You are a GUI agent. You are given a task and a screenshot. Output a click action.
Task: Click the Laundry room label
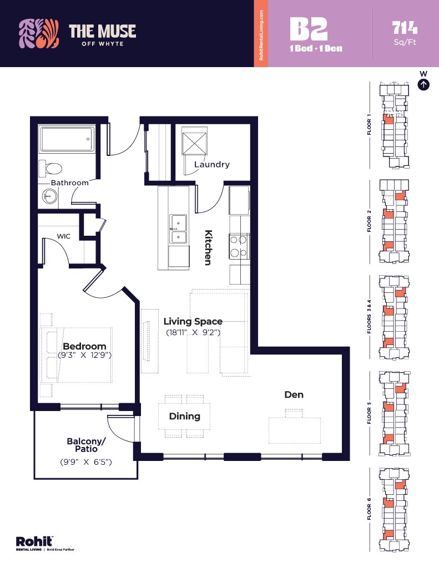point(211,164)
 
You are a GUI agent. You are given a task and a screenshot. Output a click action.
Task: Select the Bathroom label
point(69,182)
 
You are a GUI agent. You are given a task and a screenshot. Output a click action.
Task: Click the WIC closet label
point(63,236)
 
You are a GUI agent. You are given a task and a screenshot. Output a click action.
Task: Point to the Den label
point(294,394)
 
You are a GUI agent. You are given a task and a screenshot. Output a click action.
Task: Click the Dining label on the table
point(184,416)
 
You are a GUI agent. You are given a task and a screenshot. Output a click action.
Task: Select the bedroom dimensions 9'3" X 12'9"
point(84,355)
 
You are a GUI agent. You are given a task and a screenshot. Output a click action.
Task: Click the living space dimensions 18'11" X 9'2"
point(193,333)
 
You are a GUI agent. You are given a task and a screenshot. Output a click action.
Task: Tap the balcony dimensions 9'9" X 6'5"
point(85,461)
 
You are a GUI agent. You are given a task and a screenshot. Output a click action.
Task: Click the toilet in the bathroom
point(53,168)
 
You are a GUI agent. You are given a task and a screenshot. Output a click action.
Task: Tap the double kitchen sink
point(178,229)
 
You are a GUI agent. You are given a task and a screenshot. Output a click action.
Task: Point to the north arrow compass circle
point(423,84)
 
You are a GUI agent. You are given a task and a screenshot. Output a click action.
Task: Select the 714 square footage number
point(405,27)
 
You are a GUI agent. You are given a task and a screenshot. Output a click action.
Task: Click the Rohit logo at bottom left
point(34,541)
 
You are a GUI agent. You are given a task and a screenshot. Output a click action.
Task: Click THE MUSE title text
point(102,31)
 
